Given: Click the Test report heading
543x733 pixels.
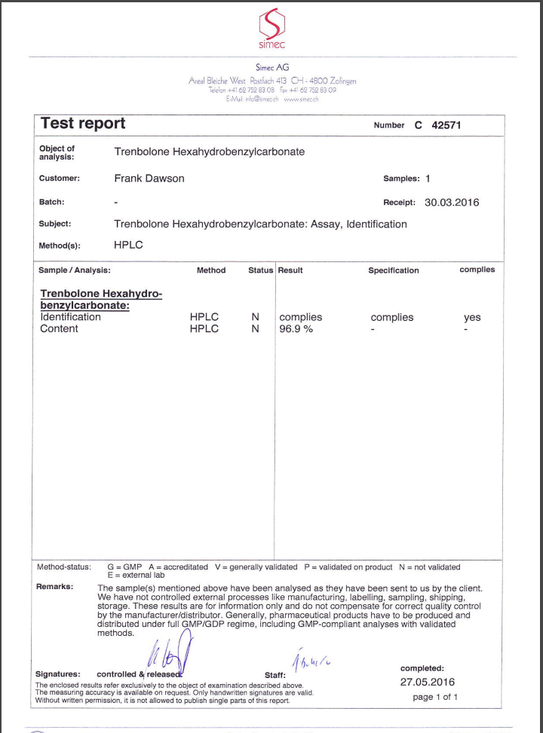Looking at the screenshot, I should [83, 124].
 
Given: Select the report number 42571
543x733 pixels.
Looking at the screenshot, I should [446, 126].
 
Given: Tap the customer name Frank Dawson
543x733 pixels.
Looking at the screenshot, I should [149, 179].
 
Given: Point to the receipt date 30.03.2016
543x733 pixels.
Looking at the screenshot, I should [452, 203].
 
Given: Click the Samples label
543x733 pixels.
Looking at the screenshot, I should [401, 179].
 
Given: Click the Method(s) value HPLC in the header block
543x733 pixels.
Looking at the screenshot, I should [128, 245].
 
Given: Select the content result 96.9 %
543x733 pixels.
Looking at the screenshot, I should [296, 328].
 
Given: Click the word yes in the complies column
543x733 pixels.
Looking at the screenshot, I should [472, 318].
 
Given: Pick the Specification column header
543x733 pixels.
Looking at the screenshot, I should [393, 270].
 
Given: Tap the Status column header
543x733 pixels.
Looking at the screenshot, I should [260, 270].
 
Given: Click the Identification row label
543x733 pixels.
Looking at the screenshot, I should [70, 317].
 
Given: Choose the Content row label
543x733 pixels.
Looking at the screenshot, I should [59, 328].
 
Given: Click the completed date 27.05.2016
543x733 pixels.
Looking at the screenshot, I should [428, 683].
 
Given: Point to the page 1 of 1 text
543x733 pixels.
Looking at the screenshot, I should [435, 698].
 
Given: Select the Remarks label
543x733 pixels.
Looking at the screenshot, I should [54, 586].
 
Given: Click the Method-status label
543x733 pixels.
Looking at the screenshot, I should [63, 567].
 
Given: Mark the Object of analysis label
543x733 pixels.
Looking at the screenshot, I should [57, 152].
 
